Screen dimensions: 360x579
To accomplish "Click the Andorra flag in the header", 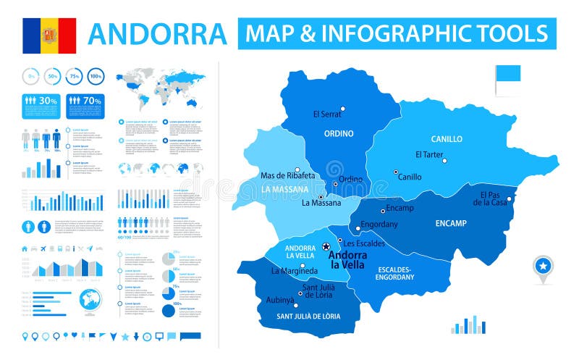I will tap(48, 35).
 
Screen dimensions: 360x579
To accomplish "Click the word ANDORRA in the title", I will tap(157, 34).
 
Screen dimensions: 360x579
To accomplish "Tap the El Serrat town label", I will tap(326, 114).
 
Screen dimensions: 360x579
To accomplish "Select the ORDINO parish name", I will tap(339, 134).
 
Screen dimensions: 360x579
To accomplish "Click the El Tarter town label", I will tap(429, 154).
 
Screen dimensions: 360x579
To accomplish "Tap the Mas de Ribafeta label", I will tap(287, 176).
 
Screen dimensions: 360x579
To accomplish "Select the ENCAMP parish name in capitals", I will tap(451, 223).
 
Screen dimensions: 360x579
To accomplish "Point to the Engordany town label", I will tap(379, 224).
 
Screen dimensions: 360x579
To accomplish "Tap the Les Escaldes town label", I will tap(364, 243).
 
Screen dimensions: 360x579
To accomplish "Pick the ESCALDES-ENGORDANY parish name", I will tap(394, 273).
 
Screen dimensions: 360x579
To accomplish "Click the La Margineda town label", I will tap(295, 272).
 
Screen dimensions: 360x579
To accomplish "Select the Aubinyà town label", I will tap(281, 300).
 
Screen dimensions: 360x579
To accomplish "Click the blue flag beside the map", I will tap(507, 74).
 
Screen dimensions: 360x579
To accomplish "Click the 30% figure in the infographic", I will tap(48, 101).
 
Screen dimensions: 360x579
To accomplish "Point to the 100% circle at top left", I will tap(96, 75).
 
